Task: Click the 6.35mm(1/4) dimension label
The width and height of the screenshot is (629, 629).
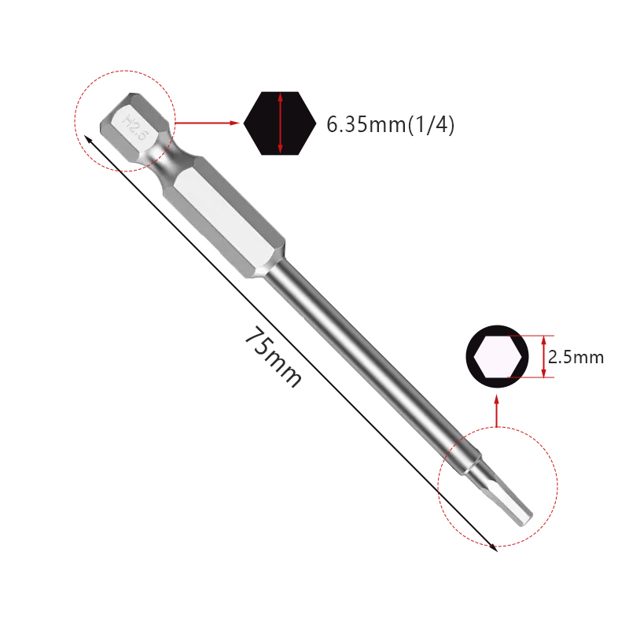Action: click(x=390, y=124)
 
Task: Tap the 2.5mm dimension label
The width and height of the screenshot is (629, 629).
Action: click(x=576, y=358)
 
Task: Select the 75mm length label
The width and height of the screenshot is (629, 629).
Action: click(x=273, y=358)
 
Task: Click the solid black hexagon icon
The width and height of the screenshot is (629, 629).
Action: click(x=280, y=123)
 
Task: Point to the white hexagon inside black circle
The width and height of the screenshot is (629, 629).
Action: click(x=498, y=357)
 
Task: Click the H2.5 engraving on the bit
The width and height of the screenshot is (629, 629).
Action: click(x=134, y=127)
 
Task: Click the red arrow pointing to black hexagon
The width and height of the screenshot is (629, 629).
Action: click(x=207, y=123)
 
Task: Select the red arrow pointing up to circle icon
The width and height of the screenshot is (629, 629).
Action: click(x=497, y=410)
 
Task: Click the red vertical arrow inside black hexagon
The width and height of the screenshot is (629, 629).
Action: click(x=280, y=123)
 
